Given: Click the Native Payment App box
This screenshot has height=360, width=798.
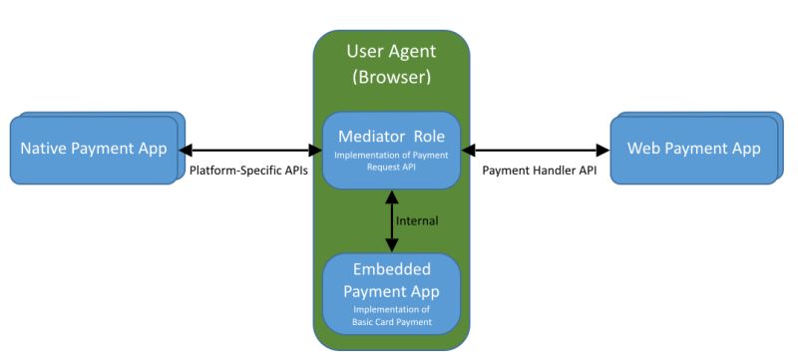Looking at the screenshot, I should click(94, 151).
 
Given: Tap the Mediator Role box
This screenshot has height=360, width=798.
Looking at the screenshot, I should click(391, 150).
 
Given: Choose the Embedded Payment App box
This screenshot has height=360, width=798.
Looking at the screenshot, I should click(391, 293).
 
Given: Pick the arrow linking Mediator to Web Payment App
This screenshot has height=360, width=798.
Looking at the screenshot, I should click(536, 150).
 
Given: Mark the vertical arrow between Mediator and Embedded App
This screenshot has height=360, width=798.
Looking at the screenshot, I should click(391, 221).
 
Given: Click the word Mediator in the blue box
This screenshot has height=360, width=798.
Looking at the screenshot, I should click(369, 135).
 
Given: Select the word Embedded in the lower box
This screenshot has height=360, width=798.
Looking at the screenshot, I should click(391, 271).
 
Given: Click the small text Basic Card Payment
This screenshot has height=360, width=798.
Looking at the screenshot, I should click(391, 322).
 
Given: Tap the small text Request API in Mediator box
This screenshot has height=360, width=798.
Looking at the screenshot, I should click(391, 168).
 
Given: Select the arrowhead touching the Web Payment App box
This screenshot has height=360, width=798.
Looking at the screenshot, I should click(602, 150).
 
